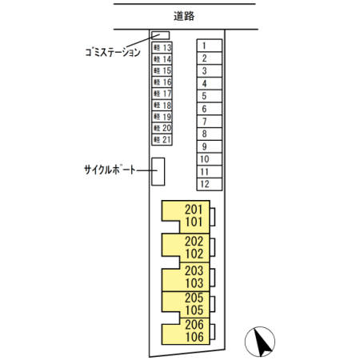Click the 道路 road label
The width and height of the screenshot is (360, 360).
[184, 16]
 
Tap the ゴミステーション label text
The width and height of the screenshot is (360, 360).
[113, 52]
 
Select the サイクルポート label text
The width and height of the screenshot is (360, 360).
[110, 170]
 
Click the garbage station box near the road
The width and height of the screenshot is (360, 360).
[161, 35]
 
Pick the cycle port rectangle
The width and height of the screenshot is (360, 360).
[158, 171]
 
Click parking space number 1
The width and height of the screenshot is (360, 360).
[210, 46]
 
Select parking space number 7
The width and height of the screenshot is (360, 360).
[210, 122]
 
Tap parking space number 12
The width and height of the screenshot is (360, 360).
[210, 184]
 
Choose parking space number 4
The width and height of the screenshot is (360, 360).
[210, 83]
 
